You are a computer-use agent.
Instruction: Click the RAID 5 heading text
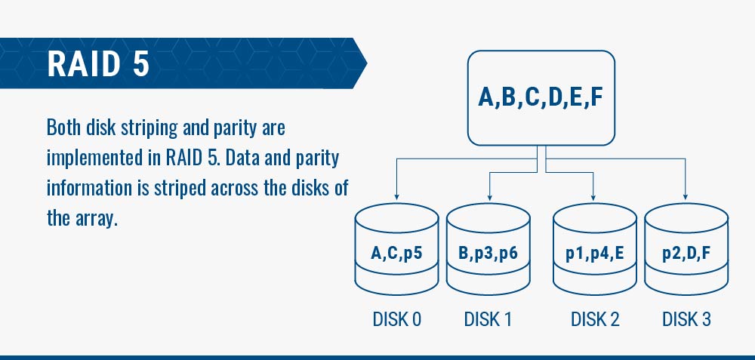pyautogui.click(x=98, y=63)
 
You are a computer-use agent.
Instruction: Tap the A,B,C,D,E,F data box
pyautogui.click(x=541, y=97)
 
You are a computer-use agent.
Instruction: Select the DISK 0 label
pyautogui.click(x=397, y=319)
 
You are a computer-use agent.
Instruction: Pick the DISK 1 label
pyautogui.click(x=488, y=319)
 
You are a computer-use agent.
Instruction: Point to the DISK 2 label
pyautogui.click(x=595, y=319)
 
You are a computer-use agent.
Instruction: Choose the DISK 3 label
pyautogui.click(x=686, y=319)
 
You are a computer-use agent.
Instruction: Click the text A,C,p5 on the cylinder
pyautogui.click(x=396, y=253)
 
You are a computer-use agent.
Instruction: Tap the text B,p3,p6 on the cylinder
pyautogui.click(x=488, y=253)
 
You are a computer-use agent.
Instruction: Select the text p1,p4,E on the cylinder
pyautogui.click(x=595, y=253)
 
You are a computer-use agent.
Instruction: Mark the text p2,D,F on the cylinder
pyautogui.click(x=686, y=253)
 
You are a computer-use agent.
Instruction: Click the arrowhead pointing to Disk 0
pyautogui.click(x=396, y=196)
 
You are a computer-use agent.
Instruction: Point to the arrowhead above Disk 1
pyautogui.click(x=489, y=196)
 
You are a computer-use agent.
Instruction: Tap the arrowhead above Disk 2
pyautogui.click(x=593, y=196)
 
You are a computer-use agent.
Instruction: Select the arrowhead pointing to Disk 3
pyautogui.click(x=686, y=196)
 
